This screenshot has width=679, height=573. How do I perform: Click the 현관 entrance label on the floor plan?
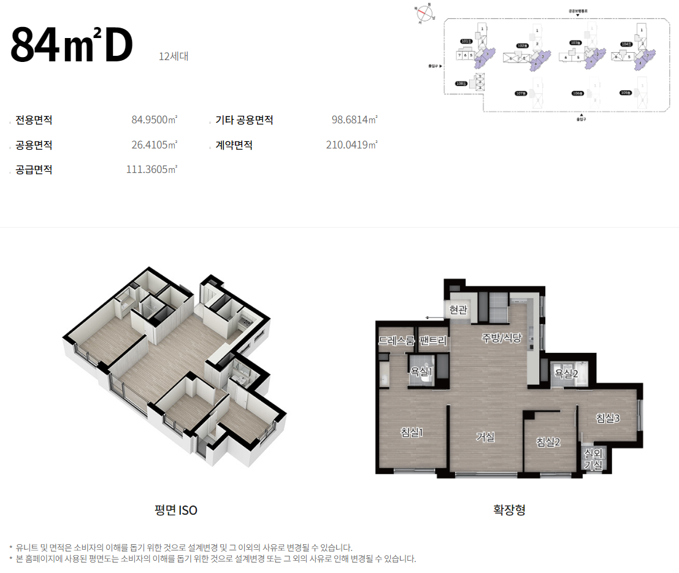click(458, 310)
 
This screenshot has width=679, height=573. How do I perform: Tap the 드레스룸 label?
click(396, 340)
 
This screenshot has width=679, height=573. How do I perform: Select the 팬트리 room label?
click(434, 340)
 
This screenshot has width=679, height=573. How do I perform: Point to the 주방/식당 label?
click(501, 337)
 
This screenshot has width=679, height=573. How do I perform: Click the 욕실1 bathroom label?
click(421, 371)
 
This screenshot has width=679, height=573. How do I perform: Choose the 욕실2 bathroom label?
click(566, 372)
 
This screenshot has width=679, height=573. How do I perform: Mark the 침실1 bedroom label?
click(412, 433)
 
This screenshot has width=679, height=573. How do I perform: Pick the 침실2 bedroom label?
click(548, 442)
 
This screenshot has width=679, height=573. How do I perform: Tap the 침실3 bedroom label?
click(608, 418)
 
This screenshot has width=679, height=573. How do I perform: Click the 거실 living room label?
click(485, 437)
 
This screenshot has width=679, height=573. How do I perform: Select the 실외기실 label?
click(593, 460)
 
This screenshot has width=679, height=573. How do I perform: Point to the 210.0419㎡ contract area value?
click(351, 145)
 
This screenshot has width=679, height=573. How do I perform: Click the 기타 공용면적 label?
click(244, 120)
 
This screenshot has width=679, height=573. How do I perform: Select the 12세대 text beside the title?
click(173, 57)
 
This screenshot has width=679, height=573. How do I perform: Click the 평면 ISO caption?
click(176, 510)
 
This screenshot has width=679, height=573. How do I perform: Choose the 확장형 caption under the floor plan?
click(509, 510)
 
